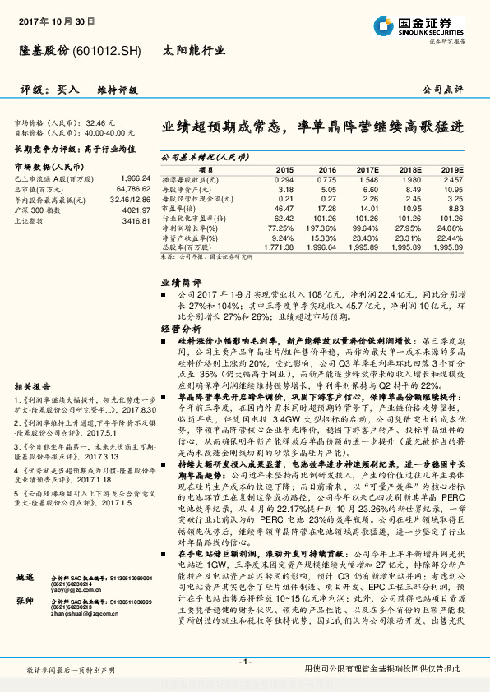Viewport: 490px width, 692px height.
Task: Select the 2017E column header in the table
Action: pos(366,168)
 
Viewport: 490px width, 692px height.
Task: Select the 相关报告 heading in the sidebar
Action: pos(33,362)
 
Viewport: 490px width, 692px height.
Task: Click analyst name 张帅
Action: pos(25,602)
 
